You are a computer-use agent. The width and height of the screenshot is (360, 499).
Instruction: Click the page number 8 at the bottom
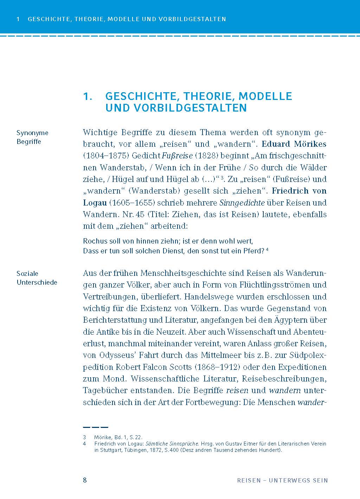(x=85, y=480)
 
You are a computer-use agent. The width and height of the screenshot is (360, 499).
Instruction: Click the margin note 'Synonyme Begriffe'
(x=32, y=137)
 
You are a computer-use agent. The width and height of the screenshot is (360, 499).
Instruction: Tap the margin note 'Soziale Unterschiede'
(x=37, y=278)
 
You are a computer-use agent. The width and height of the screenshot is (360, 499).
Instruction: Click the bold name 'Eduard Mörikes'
(x=294, y=144)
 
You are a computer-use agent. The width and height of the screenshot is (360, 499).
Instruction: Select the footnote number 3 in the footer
(x=84, y=437)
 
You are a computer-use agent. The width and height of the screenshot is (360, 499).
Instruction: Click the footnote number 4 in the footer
(x=84, y=444)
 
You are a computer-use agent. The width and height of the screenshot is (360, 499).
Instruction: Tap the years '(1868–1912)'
(x=217, y=367)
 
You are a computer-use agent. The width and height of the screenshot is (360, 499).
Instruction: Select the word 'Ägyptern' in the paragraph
(x=295, y=320)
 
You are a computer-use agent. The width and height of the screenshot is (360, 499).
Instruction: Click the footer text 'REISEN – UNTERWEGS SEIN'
(x=282, y=480)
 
